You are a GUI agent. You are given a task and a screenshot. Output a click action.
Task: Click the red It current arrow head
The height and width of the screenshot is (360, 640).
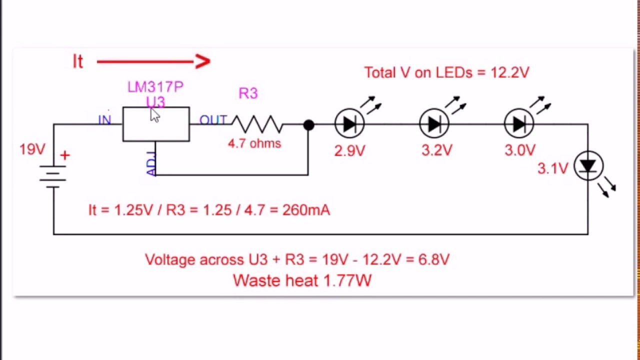point(203,61)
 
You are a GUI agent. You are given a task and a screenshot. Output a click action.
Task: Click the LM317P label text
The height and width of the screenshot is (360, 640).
point(155,87)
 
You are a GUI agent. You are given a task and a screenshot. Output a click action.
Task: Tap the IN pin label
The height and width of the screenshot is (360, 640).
point(104,120)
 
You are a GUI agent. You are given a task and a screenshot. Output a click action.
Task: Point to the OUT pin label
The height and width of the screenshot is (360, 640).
point(212,120)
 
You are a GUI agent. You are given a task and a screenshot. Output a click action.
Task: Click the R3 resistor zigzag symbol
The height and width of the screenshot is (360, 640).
point(257,124)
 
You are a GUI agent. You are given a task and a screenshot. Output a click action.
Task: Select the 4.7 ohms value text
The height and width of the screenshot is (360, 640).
point(254,143)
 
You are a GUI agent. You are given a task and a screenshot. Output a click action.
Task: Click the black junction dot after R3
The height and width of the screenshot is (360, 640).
point(308,125)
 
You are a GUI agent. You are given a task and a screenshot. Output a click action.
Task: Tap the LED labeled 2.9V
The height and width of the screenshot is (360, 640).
point(349,123)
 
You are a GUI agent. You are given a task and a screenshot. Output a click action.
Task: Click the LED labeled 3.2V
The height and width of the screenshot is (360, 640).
point(434,123)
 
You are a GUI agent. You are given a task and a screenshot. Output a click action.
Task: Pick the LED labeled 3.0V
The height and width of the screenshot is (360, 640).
point(519,123)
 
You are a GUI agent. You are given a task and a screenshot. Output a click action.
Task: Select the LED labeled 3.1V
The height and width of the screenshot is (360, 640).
point(588,166)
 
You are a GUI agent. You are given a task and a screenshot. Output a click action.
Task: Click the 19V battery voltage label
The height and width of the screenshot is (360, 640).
point(32,149)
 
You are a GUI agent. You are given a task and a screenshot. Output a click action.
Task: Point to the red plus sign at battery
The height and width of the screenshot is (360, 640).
point(64,155)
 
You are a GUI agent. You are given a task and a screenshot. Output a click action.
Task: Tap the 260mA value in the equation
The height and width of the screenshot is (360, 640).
point(306,210)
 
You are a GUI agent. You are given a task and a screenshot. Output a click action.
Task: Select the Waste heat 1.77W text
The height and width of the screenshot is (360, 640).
point(302,280)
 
